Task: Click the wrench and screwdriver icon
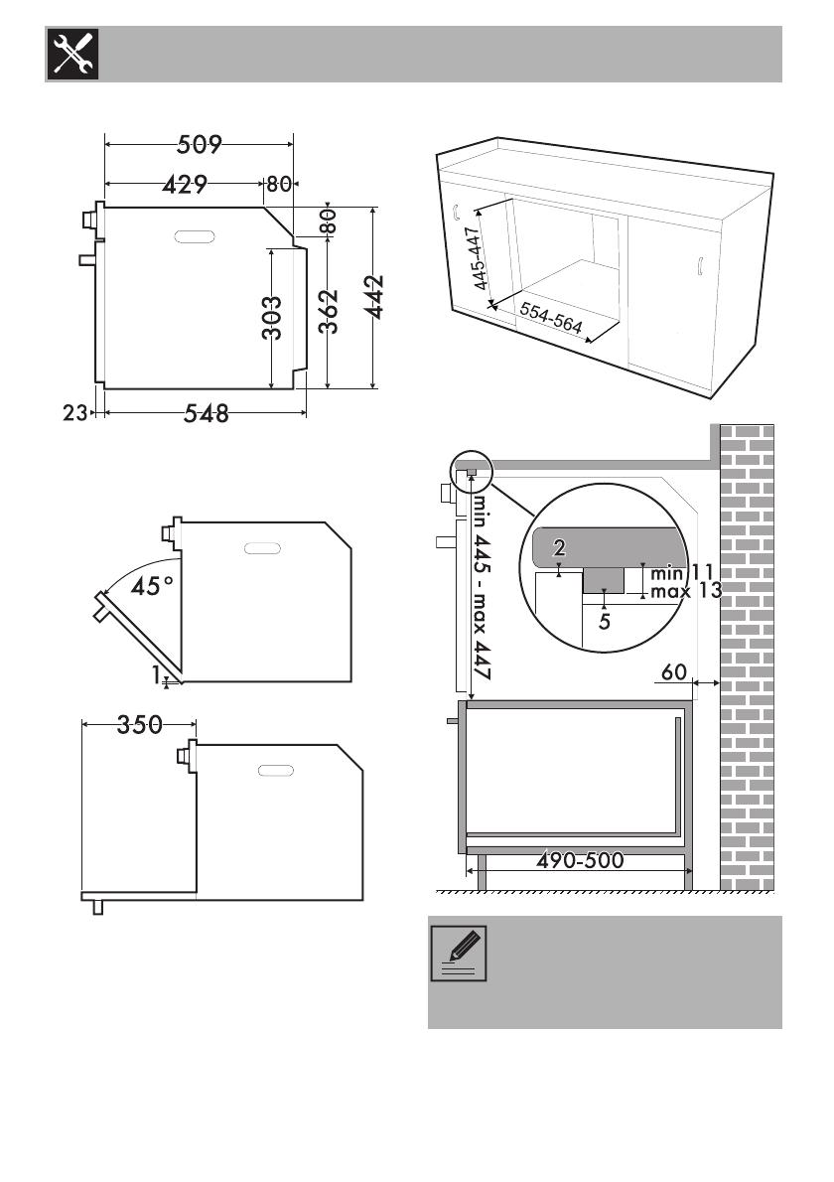(73, 55)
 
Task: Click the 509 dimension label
(200, 144)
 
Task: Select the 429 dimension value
(185, 184)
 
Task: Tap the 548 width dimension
(207, 413)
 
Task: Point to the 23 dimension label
(74, 413)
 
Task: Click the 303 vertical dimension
(272, 318)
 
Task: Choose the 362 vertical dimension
(329, 311)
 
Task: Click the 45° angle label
(152, 586)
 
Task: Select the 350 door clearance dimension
(140, 724)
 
